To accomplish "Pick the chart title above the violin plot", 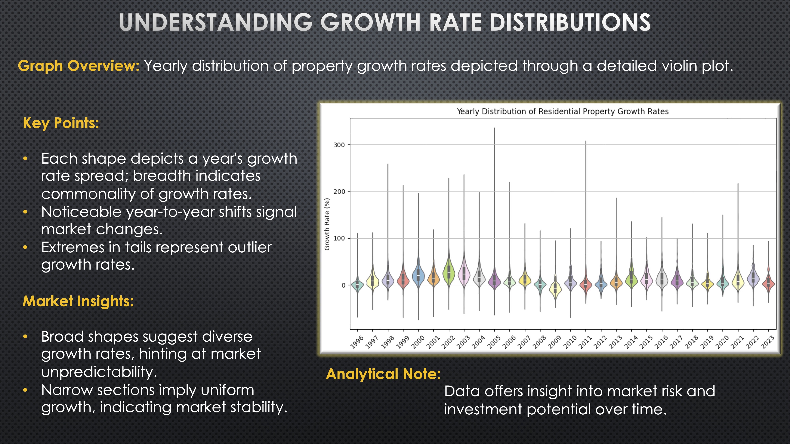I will pos(562,111).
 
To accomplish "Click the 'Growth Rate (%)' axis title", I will pos(327,224).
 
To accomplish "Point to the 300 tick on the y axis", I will pos(339,145).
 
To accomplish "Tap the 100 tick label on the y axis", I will pos(339,238).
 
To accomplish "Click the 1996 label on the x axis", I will pos(357,342).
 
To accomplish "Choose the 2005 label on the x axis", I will pos(494,342).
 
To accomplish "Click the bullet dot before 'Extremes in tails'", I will pos(25,247).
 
